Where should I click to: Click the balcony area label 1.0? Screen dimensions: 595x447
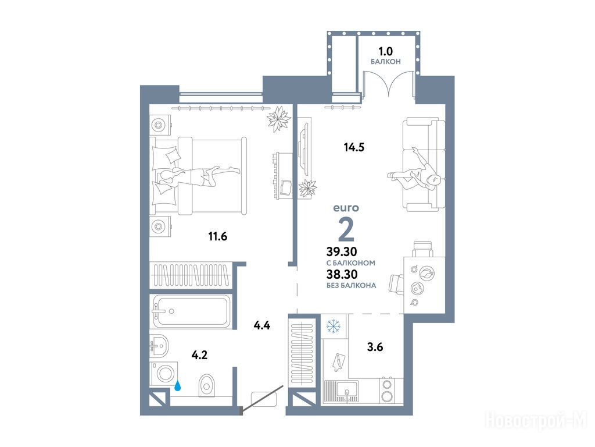click(385, 51)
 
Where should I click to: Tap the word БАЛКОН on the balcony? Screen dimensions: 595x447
click(386, 62)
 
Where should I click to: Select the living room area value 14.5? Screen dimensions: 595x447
click(354, 147)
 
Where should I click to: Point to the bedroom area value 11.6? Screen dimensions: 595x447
click(218, 237)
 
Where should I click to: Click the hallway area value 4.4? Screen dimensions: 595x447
click(262, 325)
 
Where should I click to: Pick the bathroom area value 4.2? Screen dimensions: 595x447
click(200, 356)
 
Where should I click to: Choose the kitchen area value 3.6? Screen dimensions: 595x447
click(375, 347)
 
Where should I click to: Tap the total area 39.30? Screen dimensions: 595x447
click(342, 251)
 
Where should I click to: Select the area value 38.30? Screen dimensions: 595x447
click(342, 274)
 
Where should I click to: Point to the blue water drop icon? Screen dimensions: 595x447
click(178, 386)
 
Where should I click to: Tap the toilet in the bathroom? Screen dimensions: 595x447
click(206, 385)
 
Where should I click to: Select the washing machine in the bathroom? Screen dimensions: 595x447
click(164, 374)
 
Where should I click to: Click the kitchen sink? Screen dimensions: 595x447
click(342, 392)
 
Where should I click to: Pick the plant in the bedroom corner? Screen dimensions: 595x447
click(279, 119)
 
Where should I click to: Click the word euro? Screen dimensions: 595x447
click(346, 208)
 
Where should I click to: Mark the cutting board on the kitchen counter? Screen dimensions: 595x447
click(339, 361)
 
